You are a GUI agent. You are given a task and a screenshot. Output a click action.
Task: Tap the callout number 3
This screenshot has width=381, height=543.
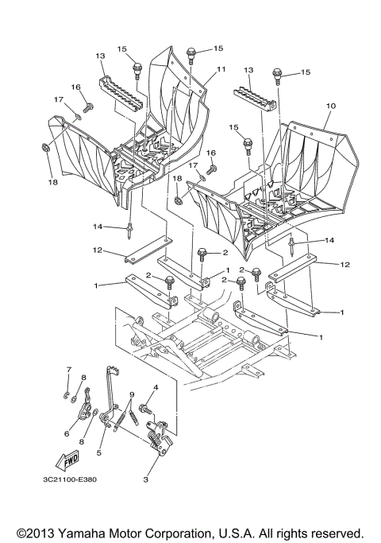click(146, 479)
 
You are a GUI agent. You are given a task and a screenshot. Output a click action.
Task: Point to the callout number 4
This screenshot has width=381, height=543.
click(156, 387)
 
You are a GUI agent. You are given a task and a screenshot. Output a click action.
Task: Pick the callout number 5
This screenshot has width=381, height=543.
click(98, 452)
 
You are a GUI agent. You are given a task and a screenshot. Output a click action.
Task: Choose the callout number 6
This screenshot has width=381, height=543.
click(67, 433)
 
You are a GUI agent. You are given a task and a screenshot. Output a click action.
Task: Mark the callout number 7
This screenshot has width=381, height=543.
click(68, 370)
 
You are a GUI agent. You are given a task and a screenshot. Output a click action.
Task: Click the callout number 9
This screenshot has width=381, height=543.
click(131, 395)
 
